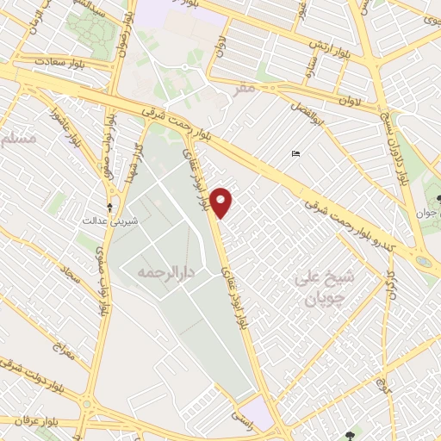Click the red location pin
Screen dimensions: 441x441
tap(222, 202)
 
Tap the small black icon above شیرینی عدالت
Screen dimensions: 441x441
tap(109, 207)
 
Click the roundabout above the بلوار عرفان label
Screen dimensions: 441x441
tap(87, 401)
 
